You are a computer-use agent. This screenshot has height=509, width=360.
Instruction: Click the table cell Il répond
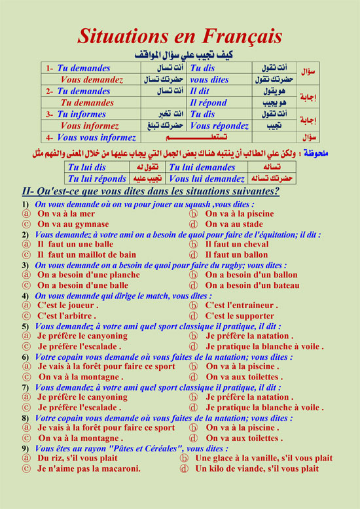pos(208,103)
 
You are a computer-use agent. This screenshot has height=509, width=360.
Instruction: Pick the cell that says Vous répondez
pos(219,126)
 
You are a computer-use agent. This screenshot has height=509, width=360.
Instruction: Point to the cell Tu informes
pos(81,114)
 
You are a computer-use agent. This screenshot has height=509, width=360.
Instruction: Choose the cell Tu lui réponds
pos(98,179)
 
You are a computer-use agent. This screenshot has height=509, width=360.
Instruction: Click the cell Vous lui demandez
pos(206,179)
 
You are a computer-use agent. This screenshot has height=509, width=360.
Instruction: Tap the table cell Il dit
pos(200,92)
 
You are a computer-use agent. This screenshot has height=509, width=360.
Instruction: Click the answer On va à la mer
pos(66,214)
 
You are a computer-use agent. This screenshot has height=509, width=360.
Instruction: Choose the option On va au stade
pos(234,224)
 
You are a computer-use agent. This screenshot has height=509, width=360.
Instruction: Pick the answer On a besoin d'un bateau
pos(252,285)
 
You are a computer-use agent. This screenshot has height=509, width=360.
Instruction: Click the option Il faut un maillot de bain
pos(86,254)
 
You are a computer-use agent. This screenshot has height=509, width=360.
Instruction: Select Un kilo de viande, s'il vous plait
pos(257,468)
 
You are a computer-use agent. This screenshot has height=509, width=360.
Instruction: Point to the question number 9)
pos(25,448)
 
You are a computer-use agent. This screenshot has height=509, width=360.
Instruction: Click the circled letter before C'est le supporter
pos(193,316)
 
